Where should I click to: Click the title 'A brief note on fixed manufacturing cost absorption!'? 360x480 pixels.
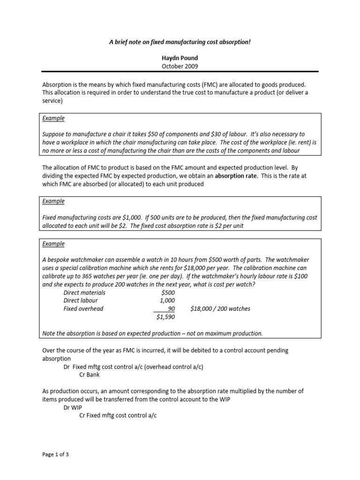[180, 42]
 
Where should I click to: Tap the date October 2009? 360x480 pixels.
[180, 66]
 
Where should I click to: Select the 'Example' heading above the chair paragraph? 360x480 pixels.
[53, 119]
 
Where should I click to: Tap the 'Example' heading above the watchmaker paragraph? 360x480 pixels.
[53, 244]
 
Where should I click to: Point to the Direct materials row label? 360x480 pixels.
[84, 292]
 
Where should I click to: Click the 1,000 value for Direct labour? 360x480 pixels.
[167, 301]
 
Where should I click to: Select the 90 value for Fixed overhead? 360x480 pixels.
[171, 309]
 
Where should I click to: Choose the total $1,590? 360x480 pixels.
[165, 317]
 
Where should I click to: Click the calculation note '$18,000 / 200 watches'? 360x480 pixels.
[220, 309]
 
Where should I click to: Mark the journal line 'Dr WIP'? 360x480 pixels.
[73, 407]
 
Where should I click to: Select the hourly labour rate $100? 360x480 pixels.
[300, 277]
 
